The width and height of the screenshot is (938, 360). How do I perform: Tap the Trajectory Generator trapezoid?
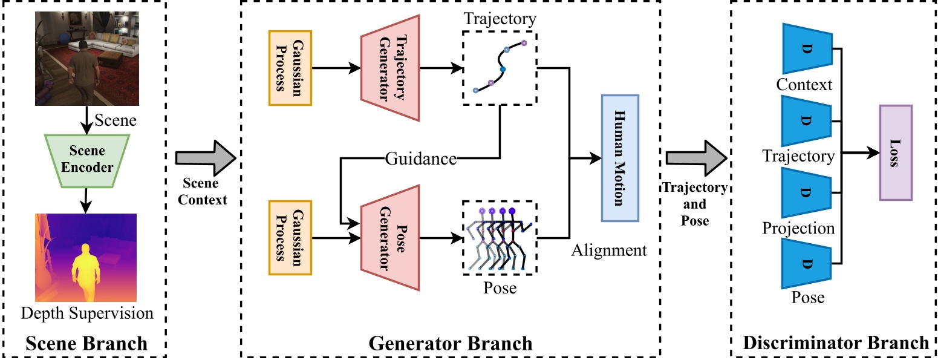pos(389,68)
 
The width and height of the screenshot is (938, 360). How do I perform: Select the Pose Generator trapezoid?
pos(389,238)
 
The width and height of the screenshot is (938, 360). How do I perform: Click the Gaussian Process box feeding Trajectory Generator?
pos(290,68)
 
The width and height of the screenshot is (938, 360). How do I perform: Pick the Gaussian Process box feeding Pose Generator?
pos(290,238)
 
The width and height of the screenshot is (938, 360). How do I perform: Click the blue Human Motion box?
pos(619,158)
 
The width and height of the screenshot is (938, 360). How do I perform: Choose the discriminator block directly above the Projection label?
pos(807,192)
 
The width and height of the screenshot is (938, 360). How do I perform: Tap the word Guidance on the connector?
pos(421,159)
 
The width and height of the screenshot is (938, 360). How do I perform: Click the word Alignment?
pos(609,250)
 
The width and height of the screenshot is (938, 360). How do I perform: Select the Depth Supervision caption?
pos(87,313)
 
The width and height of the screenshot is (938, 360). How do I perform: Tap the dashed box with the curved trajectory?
pos(499,67)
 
